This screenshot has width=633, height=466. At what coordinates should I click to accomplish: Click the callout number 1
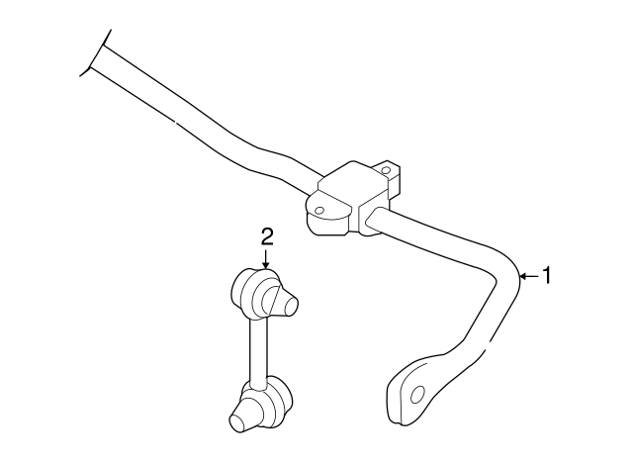click(x=547, y=276)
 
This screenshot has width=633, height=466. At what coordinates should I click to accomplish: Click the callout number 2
click(x=266, y=235)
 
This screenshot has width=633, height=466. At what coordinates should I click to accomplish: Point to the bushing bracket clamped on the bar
click(x=345, y=199)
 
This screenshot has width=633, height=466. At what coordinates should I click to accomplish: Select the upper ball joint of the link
click(x=259, y=293)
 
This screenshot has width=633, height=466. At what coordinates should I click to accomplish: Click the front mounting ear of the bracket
click(x=319, y=209)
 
